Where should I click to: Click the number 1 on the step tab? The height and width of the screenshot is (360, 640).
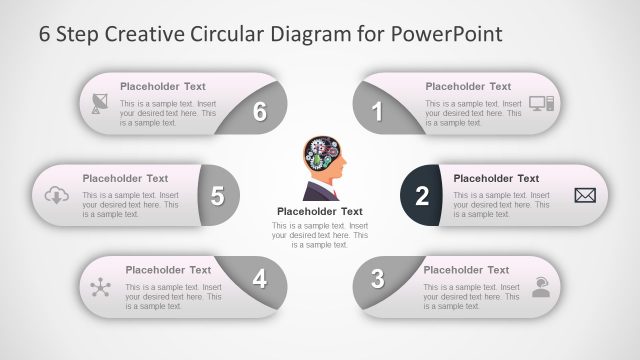pyautogui.click(x=378, y=112)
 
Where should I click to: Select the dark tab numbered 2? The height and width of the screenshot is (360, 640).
pyautogui.click(x=422, y=195)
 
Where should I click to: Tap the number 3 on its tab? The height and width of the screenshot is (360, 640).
pyautogui.click(x=377, y=279)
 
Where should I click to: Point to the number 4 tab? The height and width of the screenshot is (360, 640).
pyautogui.click(x=260, y=279)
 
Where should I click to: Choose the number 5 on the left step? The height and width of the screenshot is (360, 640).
pyautogui.click(x=217, y=196)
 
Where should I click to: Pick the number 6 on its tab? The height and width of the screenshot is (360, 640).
pyautogui.click(x=260, y=112)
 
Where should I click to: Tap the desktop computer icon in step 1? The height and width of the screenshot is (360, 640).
pyautogui.click(x=541, y=103)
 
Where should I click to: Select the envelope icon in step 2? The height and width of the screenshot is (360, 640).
pyautogui.click(x=585, y=195)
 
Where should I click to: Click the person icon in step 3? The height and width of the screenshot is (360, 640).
pyautogui.click(x=541, y=288)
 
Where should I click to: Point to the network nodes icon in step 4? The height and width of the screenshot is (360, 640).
pyautogui.click(x=100, y=288)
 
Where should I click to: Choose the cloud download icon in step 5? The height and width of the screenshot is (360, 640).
pyautogui.click(x=56, y=195)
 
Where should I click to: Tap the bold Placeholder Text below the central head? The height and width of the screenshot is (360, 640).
pyautogui.click(x=319, y=211)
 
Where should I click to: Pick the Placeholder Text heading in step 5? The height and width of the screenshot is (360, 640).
pyautogui.click(x=125, y=179)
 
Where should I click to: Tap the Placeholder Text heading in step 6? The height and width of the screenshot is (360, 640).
pyautogui.click(x=163, y=86)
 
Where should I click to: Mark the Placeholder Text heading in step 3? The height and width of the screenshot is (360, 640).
pyautogui.click(x=466, y=270)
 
